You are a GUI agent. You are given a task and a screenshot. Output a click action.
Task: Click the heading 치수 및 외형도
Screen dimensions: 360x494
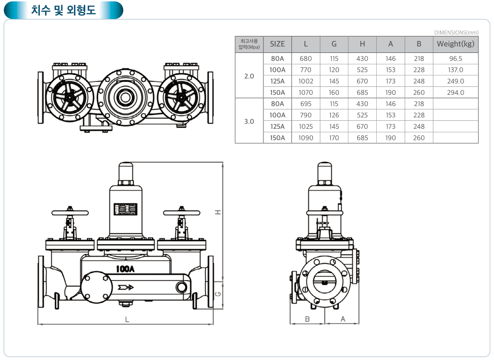[63, 10]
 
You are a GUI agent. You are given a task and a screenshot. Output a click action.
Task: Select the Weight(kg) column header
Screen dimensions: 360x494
[455, 44]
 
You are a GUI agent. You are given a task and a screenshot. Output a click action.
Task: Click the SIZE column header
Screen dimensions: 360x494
[277, 44]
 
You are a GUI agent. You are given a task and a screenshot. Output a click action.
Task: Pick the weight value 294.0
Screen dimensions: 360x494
[455, 92]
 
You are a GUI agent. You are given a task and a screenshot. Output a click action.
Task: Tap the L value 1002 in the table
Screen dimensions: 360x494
[306, 81]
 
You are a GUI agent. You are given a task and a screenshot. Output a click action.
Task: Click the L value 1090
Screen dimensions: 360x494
[306, 138]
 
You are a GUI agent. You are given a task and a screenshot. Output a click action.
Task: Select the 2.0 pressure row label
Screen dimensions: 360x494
[249, 76]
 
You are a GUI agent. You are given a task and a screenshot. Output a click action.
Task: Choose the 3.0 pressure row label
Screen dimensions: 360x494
[249, 121]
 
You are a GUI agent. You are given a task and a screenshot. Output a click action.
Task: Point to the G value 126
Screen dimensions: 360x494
[334, 115]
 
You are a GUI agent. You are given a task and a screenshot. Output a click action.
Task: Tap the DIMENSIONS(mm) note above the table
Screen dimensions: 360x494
[456, 32]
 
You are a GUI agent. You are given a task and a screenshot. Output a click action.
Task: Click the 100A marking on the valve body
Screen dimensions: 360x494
[125, 268]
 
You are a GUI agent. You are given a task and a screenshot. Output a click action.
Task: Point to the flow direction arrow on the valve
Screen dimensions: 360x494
[127, 288]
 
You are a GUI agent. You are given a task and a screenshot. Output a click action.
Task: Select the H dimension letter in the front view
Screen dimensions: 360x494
[218, 212]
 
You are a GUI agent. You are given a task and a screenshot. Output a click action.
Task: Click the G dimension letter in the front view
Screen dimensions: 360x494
[218, 294]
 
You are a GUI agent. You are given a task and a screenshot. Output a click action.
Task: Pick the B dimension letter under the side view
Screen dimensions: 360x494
[307, 319]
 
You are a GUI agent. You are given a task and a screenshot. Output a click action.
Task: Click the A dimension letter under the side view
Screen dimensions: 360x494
[343, 319]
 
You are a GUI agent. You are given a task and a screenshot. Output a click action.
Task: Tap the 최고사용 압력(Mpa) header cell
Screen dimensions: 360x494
[249, 44]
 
